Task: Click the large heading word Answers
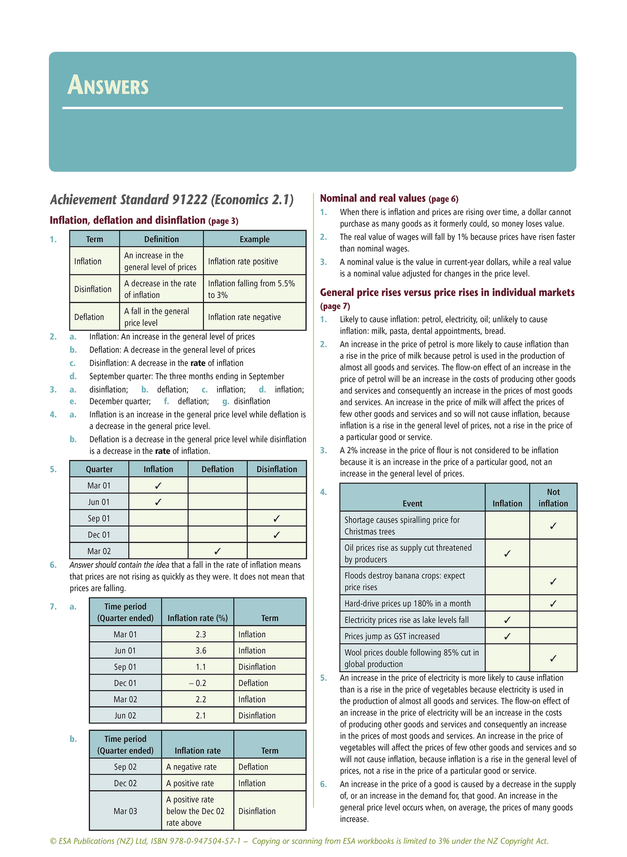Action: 108,85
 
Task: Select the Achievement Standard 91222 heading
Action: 172,200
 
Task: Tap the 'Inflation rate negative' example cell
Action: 244,317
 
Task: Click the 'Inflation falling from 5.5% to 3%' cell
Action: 251,289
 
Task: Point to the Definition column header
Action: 161,239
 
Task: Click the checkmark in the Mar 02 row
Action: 217,551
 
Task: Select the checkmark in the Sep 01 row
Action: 276,518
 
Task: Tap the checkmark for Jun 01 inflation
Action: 158,502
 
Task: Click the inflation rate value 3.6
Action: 200,651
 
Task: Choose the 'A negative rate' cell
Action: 191,767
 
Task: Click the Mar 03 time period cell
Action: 125,811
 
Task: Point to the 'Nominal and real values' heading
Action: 373,199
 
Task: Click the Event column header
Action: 412,503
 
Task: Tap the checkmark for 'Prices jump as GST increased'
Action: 507,636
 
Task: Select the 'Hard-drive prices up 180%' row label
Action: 407,603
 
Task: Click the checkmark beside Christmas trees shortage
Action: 553,526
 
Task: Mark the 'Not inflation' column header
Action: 553,498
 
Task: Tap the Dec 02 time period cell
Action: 125,783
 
